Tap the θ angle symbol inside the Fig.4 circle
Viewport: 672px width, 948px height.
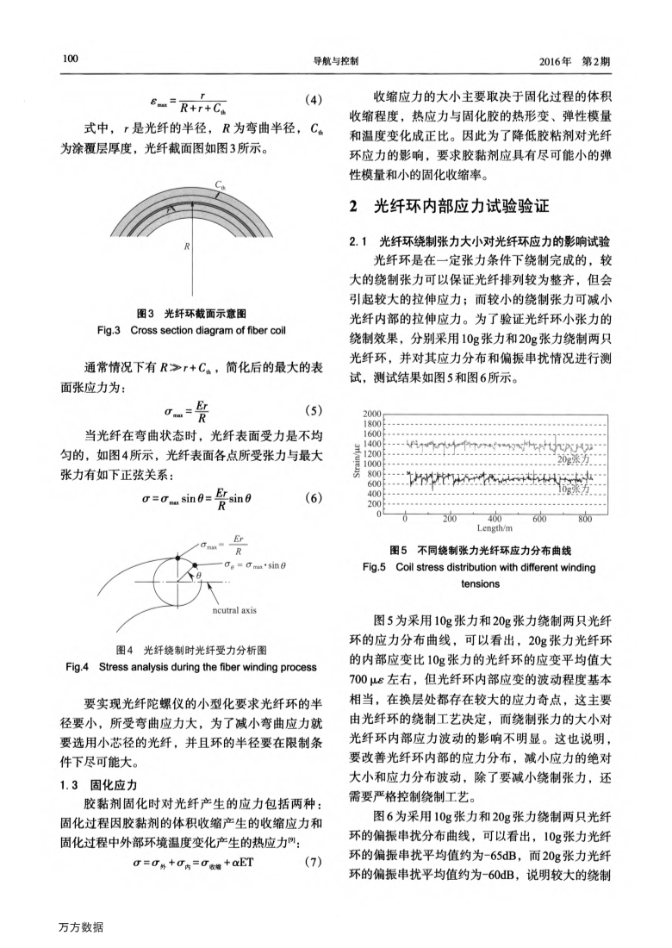point(199,574)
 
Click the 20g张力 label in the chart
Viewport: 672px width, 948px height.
point(575,458)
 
